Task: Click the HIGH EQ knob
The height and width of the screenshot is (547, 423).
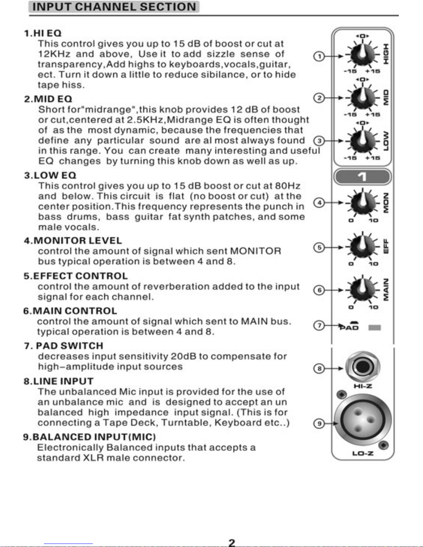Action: click(363, 55)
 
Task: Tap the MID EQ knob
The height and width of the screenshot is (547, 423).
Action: click(363, 98)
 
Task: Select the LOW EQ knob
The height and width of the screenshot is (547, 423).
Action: click(363, 141)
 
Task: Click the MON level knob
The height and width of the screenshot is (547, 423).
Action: click(363, 203)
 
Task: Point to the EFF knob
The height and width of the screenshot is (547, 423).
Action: click(363, 247)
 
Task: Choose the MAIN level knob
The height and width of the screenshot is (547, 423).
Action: click(363, 290)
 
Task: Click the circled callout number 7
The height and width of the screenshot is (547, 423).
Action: click(319, 325)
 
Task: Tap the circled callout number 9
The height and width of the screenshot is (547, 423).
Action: click(319, 423)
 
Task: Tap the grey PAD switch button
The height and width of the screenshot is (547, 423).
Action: click(374, 328)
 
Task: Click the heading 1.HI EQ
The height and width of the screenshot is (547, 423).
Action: click(43, 33)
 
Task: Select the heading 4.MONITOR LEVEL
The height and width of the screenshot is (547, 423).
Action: click(73, 241)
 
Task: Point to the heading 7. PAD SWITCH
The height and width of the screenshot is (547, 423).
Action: click(64, 346)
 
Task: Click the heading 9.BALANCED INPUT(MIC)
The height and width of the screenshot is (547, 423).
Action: click(89, 437)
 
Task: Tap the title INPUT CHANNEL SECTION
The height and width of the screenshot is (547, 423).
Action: click(114, 7)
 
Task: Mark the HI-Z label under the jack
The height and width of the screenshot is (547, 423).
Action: click(363, 386)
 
